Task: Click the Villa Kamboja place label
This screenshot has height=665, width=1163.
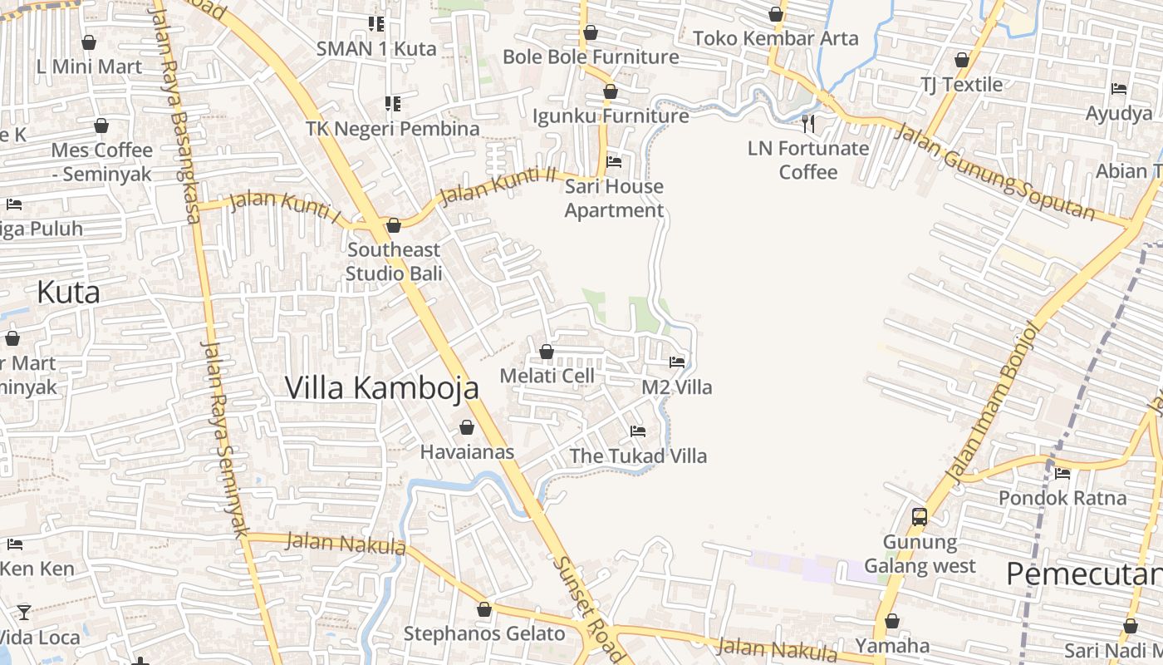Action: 382,387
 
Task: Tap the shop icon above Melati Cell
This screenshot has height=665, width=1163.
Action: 547,352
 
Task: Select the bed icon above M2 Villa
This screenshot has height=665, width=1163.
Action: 677,362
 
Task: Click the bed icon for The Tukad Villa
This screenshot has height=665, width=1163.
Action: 638,431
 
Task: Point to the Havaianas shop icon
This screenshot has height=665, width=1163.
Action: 467,428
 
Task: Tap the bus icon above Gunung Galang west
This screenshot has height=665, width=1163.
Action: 919,516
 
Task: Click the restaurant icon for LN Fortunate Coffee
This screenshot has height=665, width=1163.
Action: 808,125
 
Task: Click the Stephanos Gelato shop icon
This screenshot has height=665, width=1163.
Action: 484,610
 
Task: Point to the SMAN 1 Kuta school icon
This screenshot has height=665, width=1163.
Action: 376,25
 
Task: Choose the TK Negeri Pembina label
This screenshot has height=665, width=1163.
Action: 393,129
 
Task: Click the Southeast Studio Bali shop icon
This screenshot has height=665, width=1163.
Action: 394,226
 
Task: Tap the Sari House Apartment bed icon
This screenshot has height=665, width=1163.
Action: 614,162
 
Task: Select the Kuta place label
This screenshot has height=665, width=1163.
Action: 68,293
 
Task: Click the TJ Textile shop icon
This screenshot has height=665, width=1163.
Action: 962,61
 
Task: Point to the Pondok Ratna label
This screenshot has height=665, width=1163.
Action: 1062,498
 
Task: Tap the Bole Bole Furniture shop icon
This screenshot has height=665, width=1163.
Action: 591,33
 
